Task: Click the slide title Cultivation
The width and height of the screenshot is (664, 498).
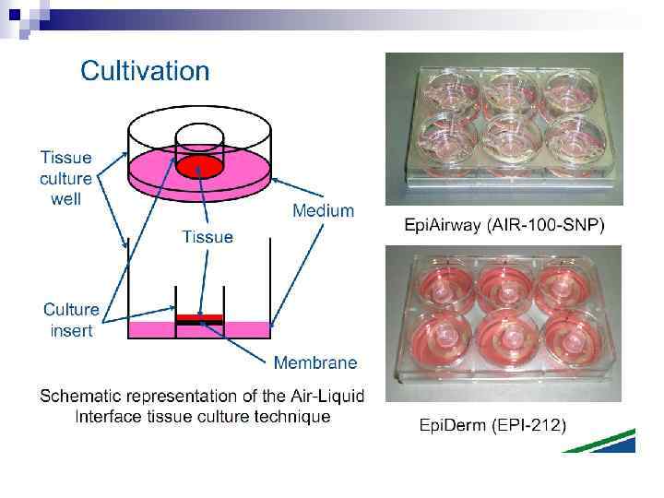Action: [x=145, y=70]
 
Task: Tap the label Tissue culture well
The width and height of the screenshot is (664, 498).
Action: [x=65, y=178]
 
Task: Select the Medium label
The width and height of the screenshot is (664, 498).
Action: [x=323, y=210]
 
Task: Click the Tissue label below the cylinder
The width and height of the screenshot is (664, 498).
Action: [x=207, y=237]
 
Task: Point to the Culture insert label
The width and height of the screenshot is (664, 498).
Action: [x=71, y=320]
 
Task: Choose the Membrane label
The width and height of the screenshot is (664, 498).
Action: [x=315, y=362]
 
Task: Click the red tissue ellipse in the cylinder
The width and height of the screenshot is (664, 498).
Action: [x=200, y=168]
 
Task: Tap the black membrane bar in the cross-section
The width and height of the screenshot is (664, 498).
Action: [x=200, y=324]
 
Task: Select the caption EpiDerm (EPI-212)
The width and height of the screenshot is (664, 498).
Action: [x=493, y=425]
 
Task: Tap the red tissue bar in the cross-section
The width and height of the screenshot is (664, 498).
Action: [x=200, y=316]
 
